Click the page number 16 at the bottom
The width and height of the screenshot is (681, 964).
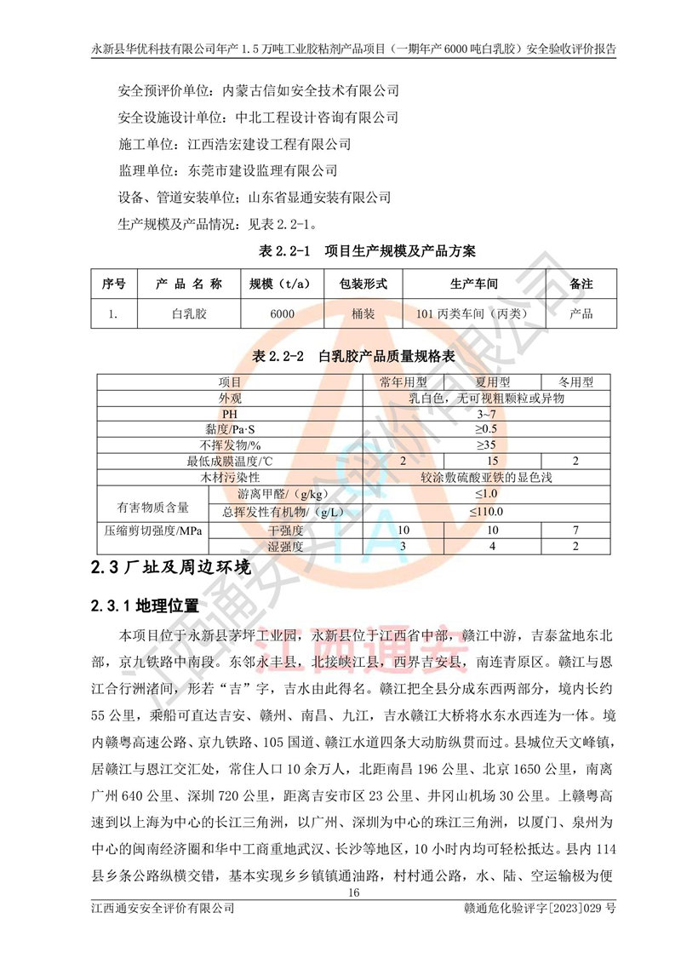(x=355, y=893)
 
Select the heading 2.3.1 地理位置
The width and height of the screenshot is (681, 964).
(x=144, y=606)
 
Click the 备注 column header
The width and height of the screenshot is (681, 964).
(x=581, y=283)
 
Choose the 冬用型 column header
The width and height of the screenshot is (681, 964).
(x=576, y=383)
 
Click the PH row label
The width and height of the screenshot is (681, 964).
(x=231, y=414)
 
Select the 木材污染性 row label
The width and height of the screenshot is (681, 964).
(x=231, y=478)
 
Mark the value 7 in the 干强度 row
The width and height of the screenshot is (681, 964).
(x=576, y=531)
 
